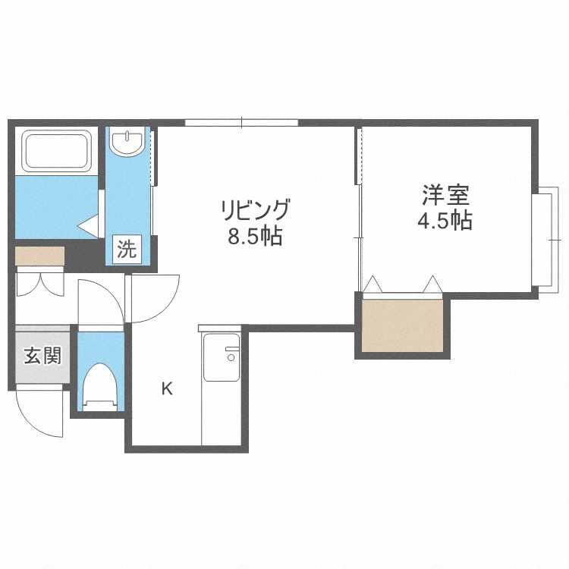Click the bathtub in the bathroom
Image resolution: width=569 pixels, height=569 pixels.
[58, 151]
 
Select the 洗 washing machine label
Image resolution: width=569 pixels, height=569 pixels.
[127, 249]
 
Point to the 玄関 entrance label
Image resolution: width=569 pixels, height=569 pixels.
[41, 355]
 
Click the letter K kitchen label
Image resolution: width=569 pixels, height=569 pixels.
[166, 390]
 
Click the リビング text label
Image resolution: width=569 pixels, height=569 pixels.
[255, 208]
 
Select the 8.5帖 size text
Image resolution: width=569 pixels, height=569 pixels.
[255, 237]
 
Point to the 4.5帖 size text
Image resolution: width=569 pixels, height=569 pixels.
[445, 221]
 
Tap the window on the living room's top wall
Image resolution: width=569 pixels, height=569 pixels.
[241, 122]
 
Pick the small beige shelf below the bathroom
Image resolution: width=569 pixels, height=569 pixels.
[39, 256]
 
